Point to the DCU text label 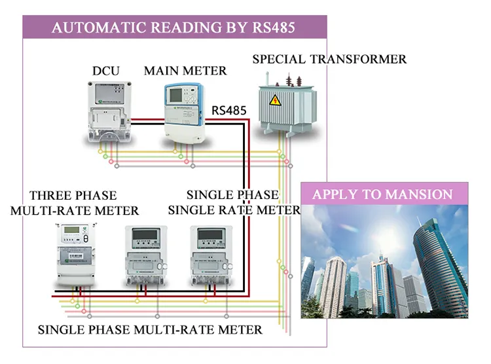107,71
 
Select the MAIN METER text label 185,70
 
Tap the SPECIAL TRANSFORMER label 329,60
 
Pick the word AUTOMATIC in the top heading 97,28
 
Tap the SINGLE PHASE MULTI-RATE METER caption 150,329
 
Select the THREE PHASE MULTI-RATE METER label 75,203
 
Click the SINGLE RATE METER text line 234,210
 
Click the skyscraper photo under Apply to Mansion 386,263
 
